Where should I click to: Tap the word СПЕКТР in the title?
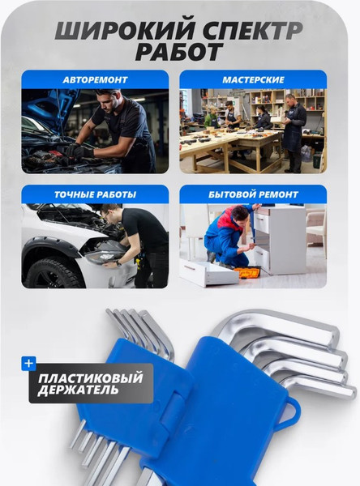click(248, 31)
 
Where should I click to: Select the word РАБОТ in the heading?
click(179, 52)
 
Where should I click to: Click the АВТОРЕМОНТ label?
click(95, 80)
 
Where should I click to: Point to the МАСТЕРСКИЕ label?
click(253, 80)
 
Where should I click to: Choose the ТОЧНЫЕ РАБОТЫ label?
click(95, 194)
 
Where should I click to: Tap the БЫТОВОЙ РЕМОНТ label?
click(253, 194)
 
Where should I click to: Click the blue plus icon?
click(29, 363)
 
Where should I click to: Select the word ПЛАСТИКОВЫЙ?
click(90, 378)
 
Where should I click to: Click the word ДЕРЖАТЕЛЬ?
click(78, 390)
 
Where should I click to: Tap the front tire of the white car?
click(54, 273)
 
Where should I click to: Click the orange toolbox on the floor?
click(247, 272)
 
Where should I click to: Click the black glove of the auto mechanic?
click(81, 151)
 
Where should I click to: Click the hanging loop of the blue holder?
click(291, 415)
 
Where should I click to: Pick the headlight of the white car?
click(103, 255)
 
